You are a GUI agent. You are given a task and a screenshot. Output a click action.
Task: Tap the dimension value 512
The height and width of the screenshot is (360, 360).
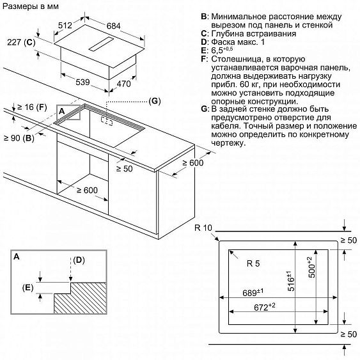(64, 26)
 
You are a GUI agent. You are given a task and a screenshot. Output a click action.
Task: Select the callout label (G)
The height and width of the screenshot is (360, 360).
(154, 102)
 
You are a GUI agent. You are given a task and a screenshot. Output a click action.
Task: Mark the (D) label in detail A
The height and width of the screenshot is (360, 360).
(79, 260)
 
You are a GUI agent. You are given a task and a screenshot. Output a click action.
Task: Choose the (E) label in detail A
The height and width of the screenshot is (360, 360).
(27, 288)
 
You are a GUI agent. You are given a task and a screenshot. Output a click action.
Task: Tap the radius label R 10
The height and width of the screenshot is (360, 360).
(204, 228)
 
